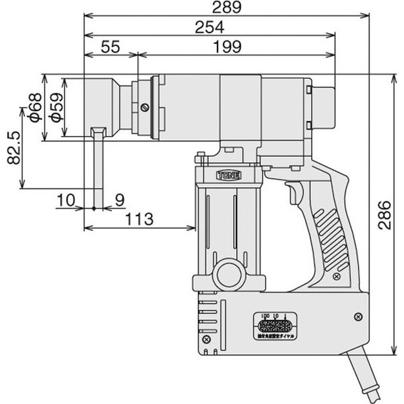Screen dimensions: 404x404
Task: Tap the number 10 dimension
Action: coord(66,199)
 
